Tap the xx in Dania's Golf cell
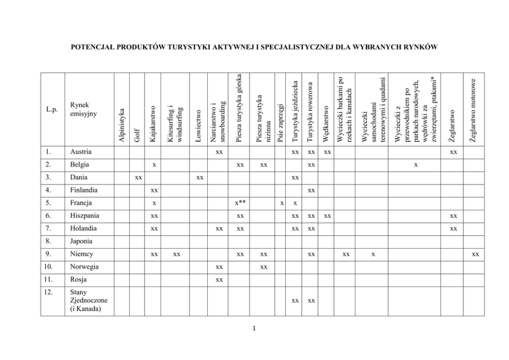pyautogui.click(x=138, y=177)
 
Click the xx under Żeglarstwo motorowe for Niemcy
pyautogui.click(x=476, y=254)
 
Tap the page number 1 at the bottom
pyautogui.click(x=254, y=329)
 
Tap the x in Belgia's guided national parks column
pyautogui.click(x=416, y=165)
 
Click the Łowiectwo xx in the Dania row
pyautogui.click(x=200, y=177)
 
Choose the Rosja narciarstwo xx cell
pyautogui.click(x=219, y=279)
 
